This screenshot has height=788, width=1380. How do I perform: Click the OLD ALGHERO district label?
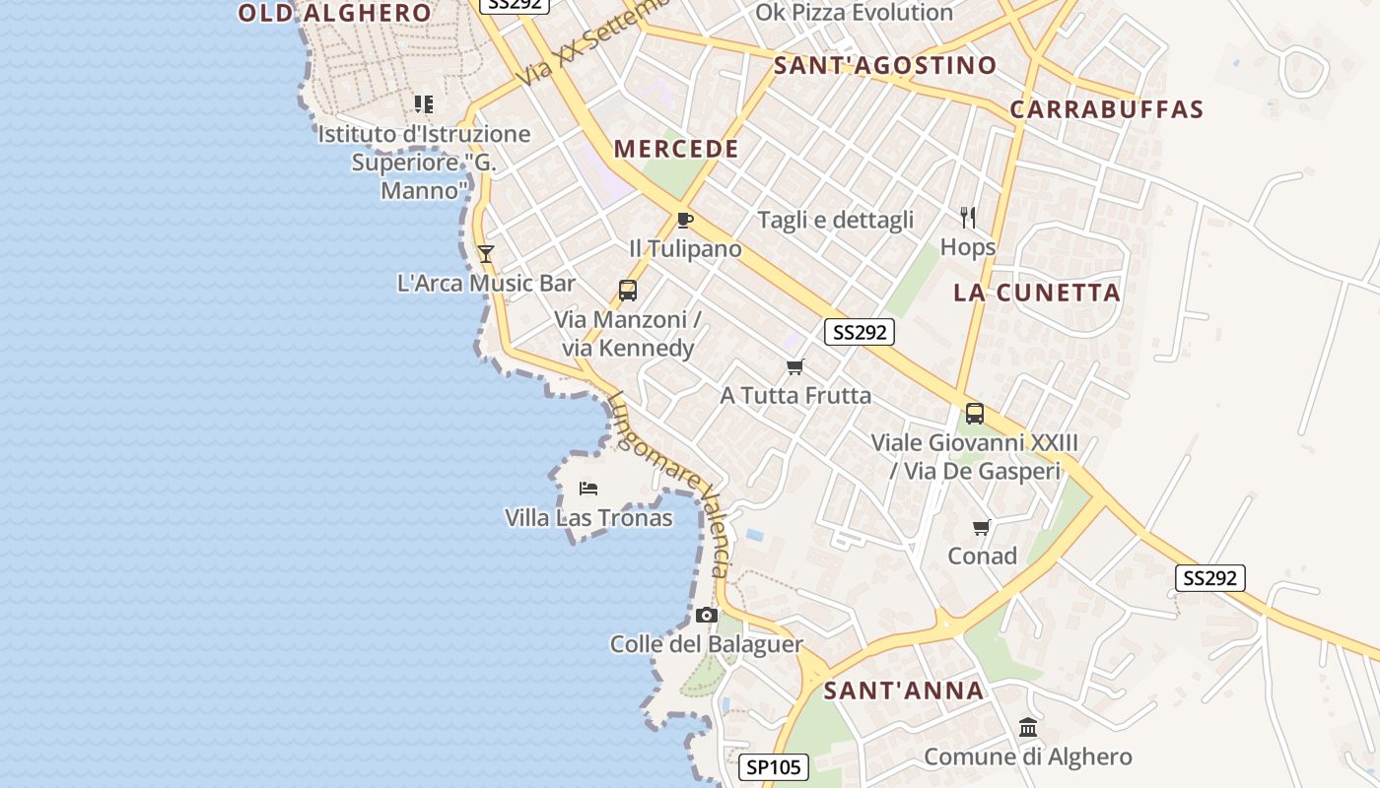(335, 13)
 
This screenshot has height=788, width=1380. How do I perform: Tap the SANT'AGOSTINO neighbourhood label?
(885, 66)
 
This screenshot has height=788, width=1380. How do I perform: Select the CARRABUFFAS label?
(1106, 109)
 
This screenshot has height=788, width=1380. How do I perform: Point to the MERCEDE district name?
(676, 150)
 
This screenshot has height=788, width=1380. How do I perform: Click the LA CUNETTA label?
(1037, 293)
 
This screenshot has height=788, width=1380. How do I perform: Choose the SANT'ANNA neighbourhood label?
(904, 690)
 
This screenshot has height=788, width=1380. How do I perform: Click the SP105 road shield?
(774, 767)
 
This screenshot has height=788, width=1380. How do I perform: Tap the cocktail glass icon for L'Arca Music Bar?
(485, 254)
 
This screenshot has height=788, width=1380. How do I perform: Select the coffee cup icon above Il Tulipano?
(685, 220)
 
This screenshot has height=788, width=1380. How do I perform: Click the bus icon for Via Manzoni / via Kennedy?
(628, 291)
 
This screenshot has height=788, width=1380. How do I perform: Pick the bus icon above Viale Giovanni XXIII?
(975, 414)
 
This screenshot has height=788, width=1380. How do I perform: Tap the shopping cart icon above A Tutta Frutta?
(795, 367)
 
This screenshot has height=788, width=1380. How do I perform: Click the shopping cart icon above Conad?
(982, 528)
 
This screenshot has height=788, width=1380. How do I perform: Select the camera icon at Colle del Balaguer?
(706, 616)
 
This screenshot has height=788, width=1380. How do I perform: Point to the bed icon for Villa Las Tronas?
(588, 489)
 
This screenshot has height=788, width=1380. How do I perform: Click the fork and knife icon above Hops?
(968, 218)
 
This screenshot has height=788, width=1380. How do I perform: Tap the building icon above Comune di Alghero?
(1028, 728)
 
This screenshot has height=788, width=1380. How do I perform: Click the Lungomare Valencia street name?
(670, 483)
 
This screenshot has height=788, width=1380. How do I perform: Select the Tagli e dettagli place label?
(836, 220)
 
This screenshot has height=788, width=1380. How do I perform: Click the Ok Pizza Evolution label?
(854, 13)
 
